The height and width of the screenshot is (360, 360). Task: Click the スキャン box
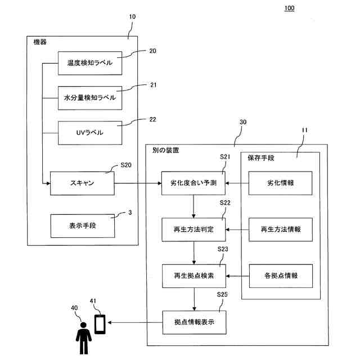pos(82,183)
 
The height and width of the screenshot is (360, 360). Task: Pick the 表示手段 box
pos(82,226)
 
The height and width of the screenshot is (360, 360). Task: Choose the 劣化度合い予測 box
pos(193,183)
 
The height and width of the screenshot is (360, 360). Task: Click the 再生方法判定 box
pos(193,229)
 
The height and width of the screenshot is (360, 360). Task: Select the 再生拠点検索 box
pos(193,276)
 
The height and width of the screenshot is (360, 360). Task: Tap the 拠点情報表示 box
pos(193,323)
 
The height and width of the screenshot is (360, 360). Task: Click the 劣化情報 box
pos(280,183)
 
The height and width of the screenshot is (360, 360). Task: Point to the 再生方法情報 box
pos(280,229)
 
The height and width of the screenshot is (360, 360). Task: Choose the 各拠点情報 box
pos(280,276)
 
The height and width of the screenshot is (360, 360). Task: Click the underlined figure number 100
pos(289,8)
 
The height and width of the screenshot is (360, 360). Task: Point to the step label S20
pos(126,166)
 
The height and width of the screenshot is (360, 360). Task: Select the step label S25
pos(222,295)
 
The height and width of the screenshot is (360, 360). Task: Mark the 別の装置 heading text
pos(166,151)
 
